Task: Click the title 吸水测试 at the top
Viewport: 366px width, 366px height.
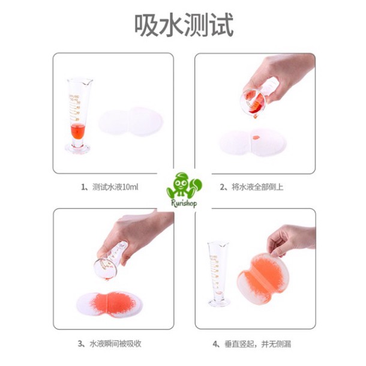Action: [x=183, y=25]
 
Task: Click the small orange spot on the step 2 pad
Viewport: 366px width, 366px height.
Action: [x=255, y=139]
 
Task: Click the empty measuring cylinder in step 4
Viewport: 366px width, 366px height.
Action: [x=219, y=270]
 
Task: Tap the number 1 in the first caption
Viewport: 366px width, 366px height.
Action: [x=83, y=187]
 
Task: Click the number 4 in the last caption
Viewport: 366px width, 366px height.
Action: [x=215, y=344]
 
